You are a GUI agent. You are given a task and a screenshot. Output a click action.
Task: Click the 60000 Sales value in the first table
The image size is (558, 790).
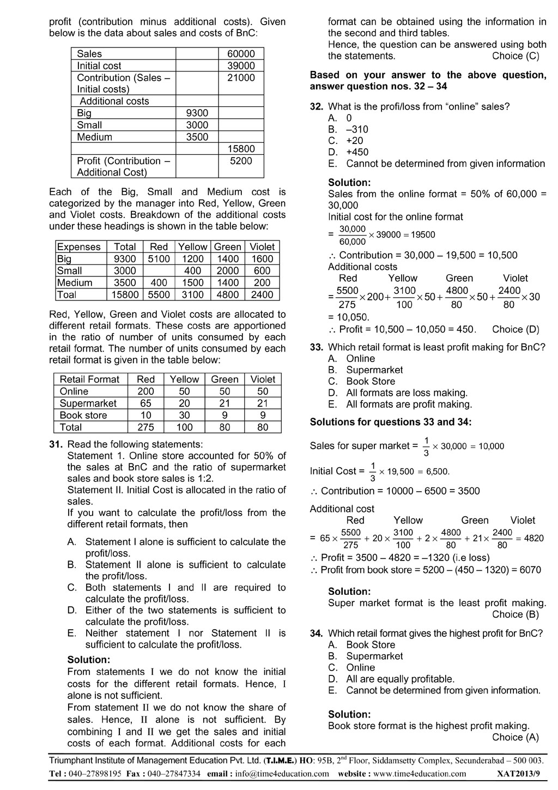click(241, 53)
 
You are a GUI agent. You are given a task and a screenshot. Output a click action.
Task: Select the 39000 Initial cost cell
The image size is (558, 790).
click(241, 65)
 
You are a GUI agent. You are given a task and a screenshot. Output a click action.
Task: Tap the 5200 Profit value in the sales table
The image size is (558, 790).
click(241, 161)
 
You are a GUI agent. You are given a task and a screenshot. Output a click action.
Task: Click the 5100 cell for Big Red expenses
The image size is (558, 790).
click(159, 259)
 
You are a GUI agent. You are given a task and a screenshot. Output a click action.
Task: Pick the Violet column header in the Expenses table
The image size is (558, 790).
click(262, 247)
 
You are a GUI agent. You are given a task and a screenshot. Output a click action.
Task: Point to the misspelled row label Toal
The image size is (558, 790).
click(67, 295)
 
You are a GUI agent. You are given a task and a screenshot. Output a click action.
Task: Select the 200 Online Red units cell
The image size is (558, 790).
click(145, 391)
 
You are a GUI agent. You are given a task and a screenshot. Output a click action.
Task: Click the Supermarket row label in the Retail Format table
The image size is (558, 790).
click(88, 403)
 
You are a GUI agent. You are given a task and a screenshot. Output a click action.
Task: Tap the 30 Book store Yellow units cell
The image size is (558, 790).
click(184, 415)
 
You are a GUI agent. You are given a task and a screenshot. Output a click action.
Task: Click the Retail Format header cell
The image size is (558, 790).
click(89, 379)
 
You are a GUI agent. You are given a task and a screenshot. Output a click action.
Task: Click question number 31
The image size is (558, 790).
click(56, 444)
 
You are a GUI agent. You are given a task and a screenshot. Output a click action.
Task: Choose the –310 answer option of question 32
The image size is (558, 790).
click(357, 129)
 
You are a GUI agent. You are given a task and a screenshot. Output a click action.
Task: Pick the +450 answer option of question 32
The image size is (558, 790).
click(357, 152)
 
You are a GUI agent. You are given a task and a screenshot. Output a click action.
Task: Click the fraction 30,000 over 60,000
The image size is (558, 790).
click(353, 235)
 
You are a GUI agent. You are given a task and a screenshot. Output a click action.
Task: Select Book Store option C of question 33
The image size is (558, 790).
click(371, 382)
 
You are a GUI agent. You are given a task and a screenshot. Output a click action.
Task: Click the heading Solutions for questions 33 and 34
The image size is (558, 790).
click(391, 422)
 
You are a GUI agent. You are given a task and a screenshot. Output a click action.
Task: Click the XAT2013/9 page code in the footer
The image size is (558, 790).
click(518, 774)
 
